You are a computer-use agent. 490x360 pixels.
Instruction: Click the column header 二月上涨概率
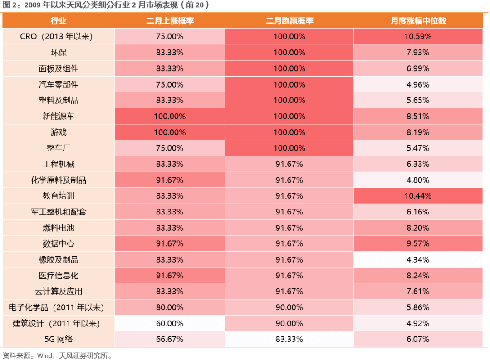170,21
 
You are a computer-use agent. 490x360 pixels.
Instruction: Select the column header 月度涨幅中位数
418,21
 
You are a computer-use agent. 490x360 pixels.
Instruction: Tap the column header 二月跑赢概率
289,21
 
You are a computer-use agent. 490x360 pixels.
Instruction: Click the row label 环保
59,53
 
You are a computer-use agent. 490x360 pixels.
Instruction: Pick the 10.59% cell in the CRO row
418,37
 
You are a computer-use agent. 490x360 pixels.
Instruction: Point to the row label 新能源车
59,116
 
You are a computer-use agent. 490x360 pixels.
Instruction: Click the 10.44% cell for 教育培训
418,196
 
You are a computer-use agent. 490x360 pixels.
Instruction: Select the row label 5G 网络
59,339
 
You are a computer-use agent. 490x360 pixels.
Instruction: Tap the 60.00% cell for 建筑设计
170,323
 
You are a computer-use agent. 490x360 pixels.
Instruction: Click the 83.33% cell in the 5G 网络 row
289,339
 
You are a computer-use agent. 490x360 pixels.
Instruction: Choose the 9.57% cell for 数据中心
418,243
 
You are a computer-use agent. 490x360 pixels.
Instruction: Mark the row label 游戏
59,132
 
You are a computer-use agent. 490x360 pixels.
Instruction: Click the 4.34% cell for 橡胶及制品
418,260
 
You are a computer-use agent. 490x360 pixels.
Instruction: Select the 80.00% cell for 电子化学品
170,307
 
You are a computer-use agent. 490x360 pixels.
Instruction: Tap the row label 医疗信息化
59,276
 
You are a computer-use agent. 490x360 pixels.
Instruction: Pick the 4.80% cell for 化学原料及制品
418,180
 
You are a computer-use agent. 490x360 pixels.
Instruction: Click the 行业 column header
59,21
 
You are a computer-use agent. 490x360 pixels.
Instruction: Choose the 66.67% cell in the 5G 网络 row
170,339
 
